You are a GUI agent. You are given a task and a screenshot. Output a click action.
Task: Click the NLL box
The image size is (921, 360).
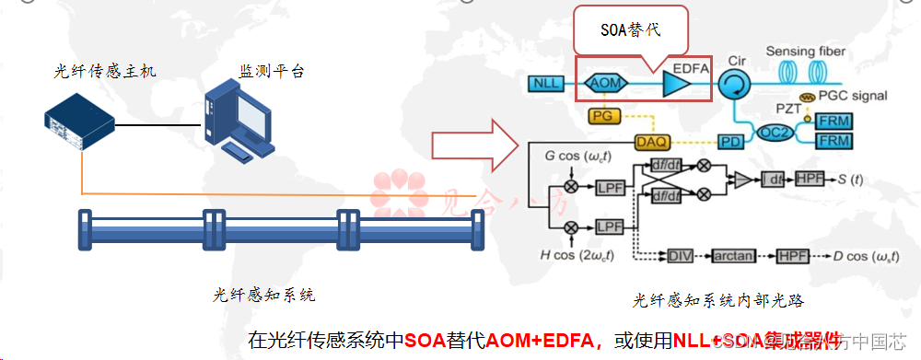pos(544,84)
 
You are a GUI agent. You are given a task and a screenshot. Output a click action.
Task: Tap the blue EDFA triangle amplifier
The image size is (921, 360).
pos(677,84)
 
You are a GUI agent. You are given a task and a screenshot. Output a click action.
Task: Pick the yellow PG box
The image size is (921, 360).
pos(603,115)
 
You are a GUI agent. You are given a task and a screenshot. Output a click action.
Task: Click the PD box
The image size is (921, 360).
pos(730,141)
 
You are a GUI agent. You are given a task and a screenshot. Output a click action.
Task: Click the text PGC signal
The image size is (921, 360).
pos(856,96)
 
